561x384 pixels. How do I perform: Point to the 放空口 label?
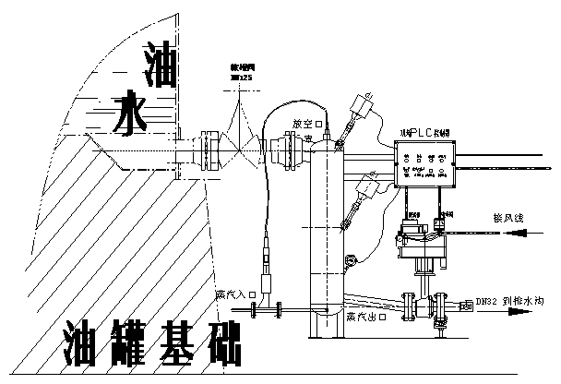pos(307,123)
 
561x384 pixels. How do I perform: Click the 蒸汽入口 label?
pos(232,294)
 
